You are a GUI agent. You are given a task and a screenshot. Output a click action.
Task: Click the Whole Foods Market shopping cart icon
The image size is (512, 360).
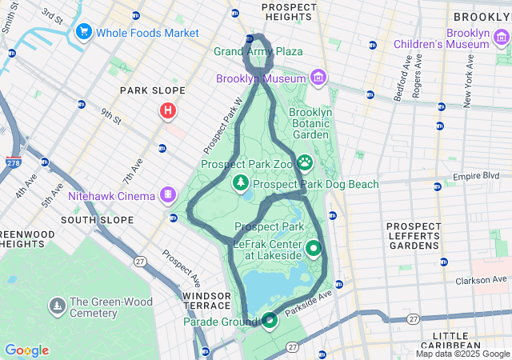click(x=83, y=32)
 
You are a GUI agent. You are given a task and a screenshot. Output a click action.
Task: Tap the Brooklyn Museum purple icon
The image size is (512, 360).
click(x=318, y=78)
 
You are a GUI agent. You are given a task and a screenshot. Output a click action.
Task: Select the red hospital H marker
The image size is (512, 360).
click(x=168, y=110)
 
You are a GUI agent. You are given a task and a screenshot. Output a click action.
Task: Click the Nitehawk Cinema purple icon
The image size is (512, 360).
click(x=168, y=194)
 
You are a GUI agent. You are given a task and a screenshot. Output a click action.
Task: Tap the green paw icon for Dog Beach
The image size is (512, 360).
click(x=305, y=163)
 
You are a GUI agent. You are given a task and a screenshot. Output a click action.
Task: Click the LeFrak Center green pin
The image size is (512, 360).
click(x=314, y=248)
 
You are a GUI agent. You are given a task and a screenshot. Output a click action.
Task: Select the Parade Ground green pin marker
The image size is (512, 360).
click(x=270, y=321)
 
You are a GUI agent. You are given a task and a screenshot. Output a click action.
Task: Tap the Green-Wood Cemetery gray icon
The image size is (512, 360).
click(x=58, y=306)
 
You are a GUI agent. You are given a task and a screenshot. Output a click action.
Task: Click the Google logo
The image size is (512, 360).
click(x=26, y=350)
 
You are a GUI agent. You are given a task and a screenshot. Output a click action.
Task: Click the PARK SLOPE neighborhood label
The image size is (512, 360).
click(x=152, y=90)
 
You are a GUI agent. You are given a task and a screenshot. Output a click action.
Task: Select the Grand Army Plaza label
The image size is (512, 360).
click(x=258, y=51)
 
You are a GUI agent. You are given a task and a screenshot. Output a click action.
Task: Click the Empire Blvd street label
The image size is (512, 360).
click(x=475, y=175)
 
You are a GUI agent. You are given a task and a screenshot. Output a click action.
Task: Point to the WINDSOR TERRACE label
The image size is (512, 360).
click(x=206, y=301)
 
